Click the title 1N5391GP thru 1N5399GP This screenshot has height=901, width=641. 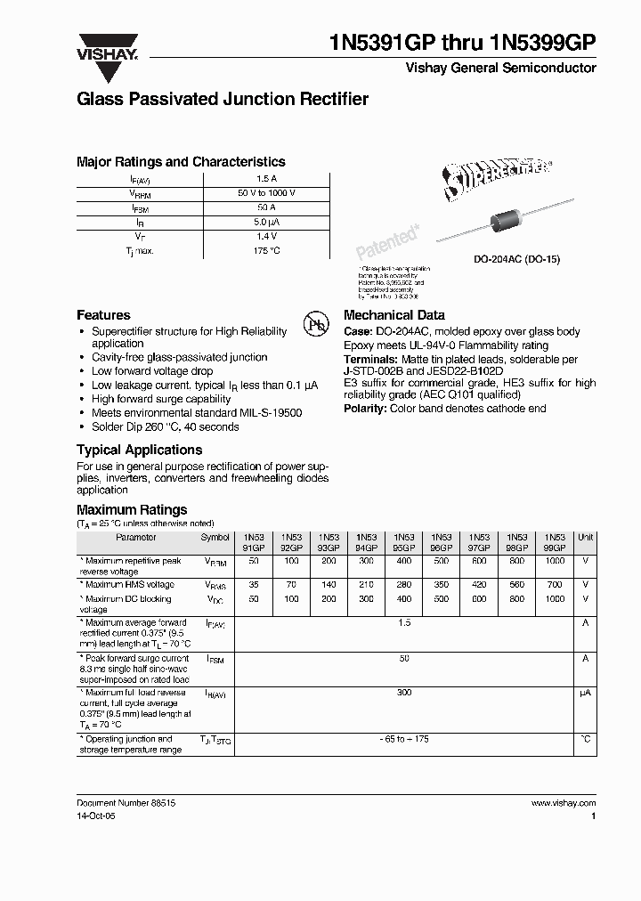coord(462,44)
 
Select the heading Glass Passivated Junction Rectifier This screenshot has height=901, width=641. coord(223,100)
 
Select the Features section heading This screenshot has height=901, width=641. coord(103,315)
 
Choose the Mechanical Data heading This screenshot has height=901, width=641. coord(394,315)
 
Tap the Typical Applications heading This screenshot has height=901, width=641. coord(139,450)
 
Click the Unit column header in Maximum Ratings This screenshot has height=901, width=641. coord(586,538)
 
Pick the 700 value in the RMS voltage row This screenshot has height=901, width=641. coord(555,585)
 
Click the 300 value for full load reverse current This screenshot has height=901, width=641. coord(404,692)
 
